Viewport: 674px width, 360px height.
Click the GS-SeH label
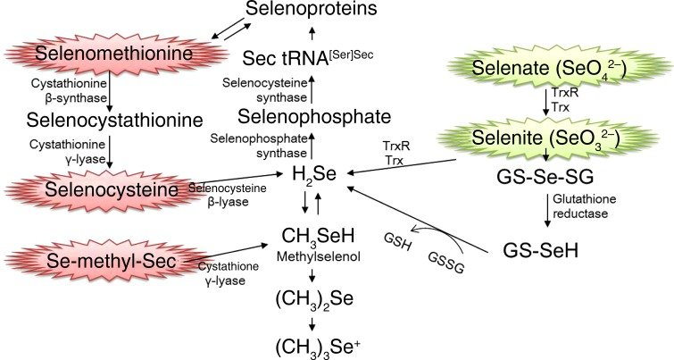point(537,250)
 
